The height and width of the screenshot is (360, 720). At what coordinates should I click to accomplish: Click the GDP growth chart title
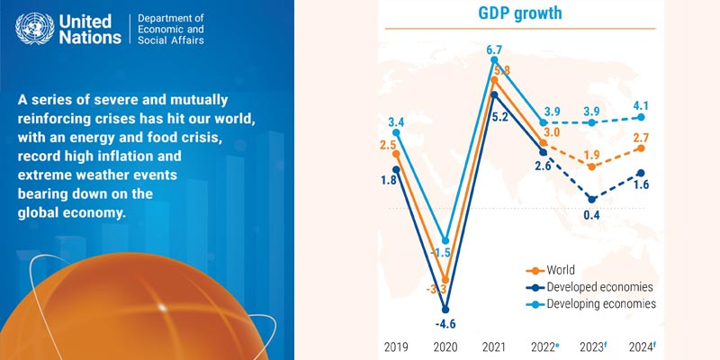pyautogui.click(x=519, y=14)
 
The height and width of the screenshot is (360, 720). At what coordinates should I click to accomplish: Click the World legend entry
pyautogui.click(x=559, y=269)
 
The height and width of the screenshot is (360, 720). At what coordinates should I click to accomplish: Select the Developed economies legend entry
pyautogui.click(x=595, y=286)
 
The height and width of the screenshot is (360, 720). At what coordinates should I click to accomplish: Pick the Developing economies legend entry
pyautogui.click(x=598, y=304)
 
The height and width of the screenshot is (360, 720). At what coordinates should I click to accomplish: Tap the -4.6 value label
pyautogui.click(x=445, y=324)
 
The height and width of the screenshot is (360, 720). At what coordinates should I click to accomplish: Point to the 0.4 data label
pyautogui.click(x=590, y=214)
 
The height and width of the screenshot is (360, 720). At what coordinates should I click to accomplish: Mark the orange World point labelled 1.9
pyautogui.click(x=591, y=166)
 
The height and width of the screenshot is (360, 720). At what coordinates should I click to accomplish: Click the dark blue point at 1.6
pyautogui.click(x=641, y=173)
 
